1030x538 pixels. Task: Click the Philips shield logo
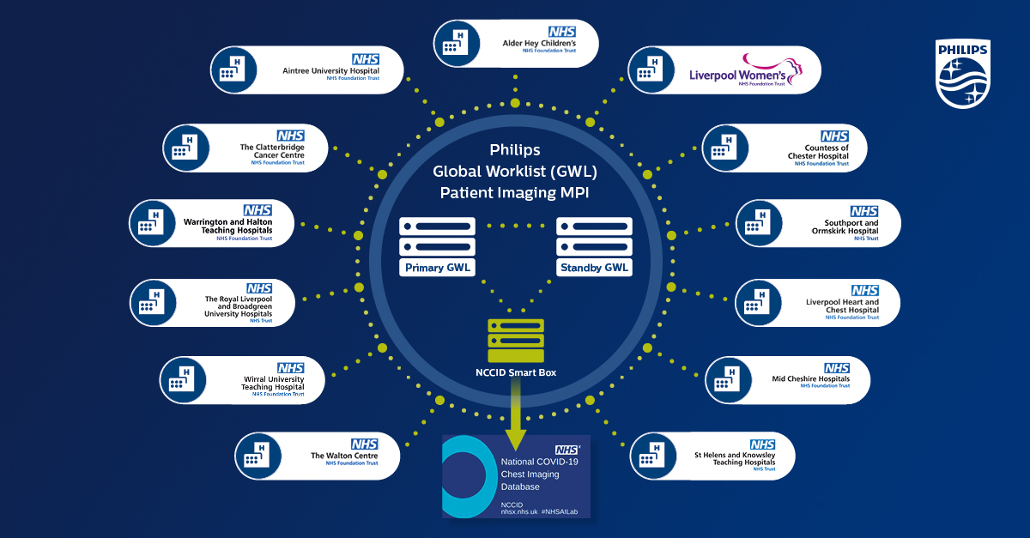point(962,76)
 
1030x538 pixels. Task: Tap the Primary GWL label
point(437,268)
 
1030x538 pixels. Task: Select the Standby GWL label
point(595,268)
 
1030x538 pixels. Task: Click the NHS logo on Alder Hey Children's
point(562,32)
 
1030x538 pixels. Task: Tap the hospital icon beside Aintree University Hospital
point(232,70)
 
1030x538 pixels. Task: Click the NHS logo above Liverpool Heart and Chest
point(864,291)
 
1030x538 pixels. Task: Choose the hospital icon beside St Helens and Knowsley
point(651,456)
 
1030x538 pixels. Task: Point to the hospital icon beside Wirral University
point(181,381)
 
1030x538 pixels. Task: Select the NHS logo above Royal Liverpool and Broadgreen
point(259,288)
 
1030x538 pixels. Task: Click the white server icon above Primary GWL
point(437,236)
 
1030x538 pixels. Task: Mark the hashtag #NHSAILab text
point(566,511)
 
